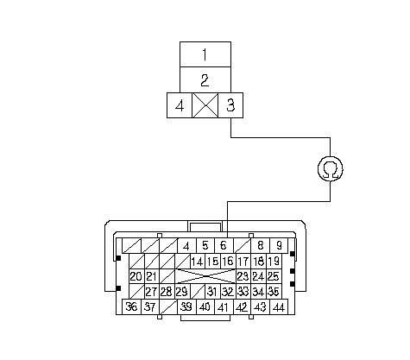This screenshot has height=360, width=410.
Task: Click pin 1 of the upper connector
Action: click(205, 54)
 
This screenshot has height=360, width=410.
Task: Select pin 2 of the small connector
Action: click(205, 80)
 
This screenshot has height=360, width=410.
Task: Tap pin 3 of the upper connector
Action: click(230, 105)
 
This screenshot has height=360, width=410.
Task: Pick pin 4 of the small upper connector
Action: click(180, 105)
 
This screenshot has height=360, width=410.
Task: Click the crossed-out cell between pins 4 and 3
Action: click(205, 105)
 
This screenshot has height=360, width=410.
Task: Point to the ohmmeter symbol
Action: click(331, 169)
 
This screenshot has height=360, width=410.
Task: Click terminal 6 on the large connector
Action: click(224, 246)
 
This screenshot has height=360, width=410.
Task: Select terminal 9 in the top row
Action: click(279, 246)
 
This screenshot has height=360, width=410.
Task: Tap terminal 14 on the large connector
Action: click(198, 262)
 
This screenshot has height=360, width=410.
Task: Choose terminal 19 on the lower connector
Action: click(274, 262)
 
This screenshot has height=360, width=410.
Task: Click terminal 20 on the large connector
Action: click(136, 276)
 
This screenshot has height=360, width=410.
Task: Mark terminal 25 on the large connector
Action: click(274, 276)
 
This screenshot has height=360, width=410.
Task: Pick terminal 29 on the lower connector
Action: click(182, 292)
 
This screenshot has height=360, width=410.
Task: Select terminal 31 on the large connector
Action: click(212, 292)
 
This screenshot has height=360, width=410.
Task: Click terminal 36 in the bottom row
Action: click(131, 306)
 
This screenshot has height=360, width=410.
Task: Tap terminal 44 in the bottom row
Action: click(279, 306)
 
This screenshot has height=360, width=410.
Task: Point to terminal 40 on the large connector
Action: click(205, 306)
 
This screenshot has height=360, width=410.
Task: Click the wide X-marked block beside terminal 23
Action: click(205, 276)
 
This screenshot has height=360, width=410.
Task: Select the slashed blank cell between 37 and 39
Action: click(168, 306)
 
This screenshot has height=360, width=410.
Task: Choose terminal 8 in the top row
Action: click(261, 246)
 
